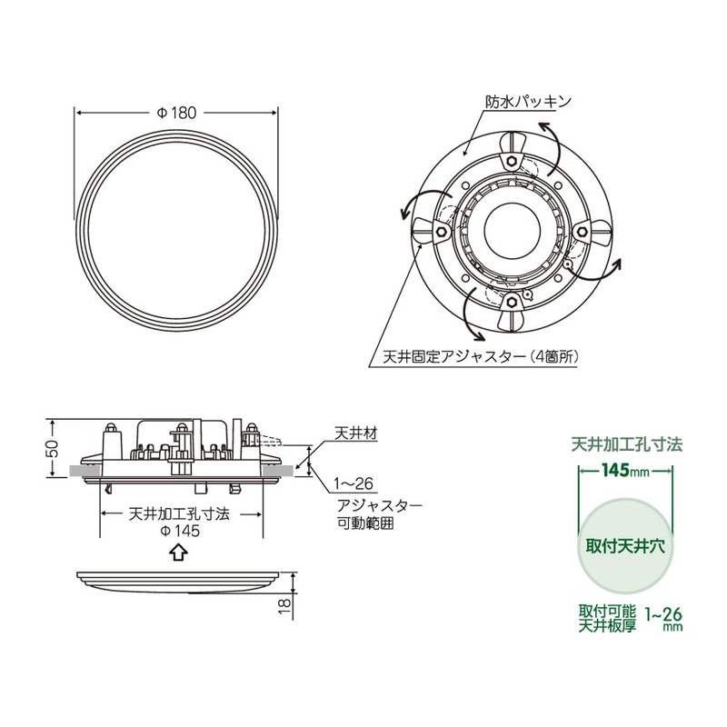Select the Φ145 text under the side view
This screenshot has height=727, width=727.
click(178, 531)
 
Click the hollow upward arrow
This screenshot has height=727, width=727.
click(178, 552)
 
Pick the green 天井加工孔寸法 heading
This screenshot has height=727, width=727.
click(626, 445)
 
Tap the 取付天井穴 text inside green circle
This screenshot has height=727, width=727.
click(626, 548)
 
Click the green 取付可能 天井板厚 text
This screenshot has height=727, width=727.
click(604, 617)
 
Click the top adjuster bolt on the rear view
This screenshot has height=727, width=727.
click(513, 161)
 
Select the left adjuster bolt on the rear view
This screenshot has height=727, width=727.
click(441, 231)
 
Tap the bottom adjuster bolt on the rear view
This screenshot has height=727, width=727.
click(513, 301)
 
